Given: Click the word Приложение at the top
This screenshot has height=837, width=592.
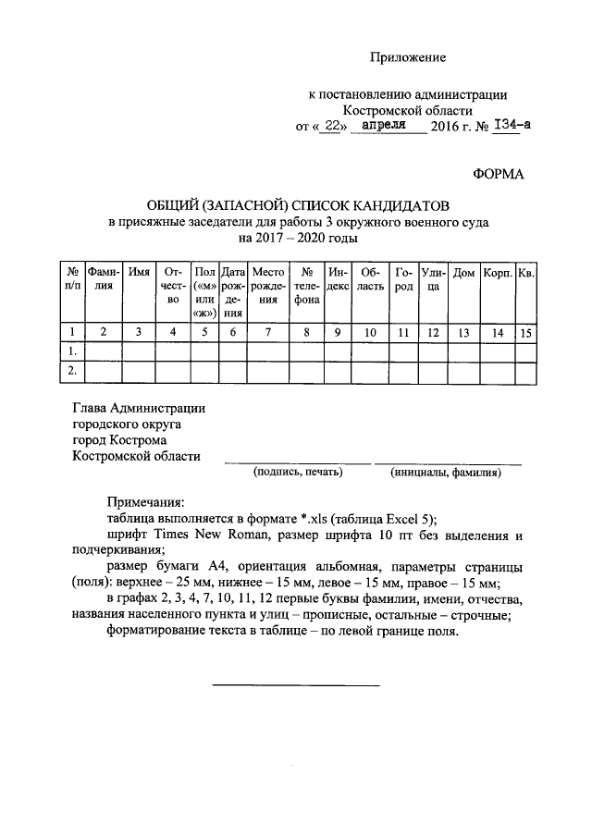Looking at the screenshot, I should point(408,57).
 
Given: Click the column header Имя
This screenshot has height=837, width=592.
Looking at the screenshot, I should point(140,273).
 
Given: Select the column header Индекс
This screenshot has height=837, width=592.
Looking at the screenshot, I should point(338,279).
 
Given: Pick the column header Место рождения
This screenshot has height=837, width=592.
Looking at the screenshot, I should point(268,286).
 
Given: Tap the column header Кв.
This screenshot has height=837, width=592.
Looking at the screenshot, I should point(525,273).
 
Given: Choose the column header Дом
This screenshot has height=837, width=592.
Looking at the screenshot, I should point(464,273).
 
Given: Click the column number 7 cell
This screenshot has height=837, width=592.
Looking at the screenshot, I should point(268,332).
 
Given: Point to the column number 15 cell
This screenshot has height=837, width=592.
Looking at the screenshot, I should point(525,332).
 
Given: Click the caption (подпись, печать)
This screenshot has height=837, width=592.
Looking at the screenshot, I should point(298,473).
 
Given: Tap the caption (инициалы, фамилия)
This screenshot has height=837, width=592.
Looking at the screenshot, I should point(446,473).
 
